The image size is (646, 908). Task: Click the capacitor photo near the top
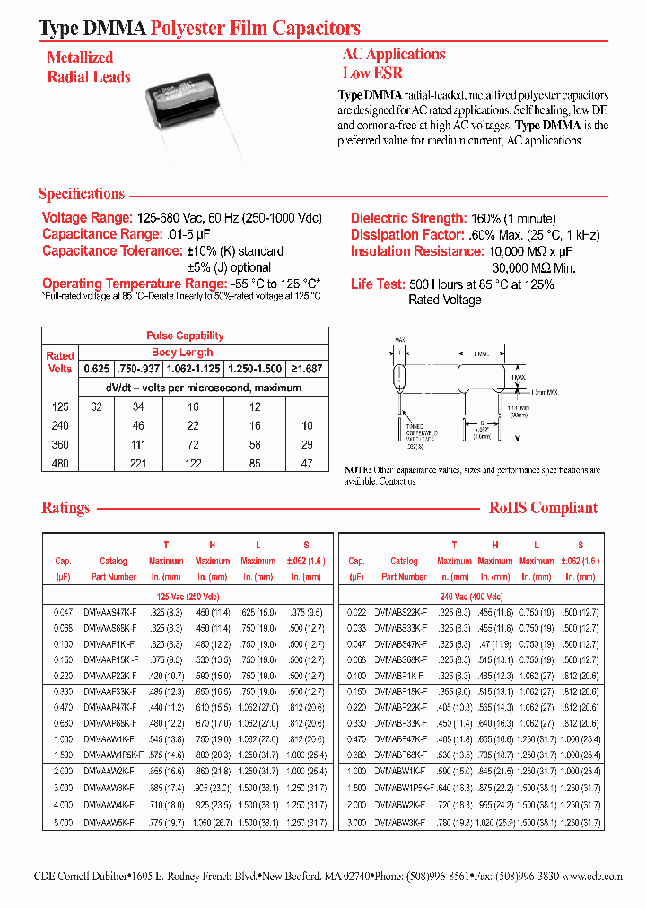pyautogui.click(x=193, y=107)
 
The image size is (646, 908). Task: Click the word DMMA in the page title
pyautogui.click(x=110, y=29)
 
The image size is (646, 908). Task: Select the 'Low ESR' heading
pyautogui.click(x=372, y=74)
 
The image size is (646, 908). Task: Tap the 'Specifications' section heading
pyautogui.click(x=82, y=195)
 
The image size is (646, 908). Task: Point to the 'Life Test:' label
pyautogui.click(x=377, y=284)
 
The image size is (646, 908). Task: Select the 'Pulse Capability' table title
pyautogui.click(x=185, y=336)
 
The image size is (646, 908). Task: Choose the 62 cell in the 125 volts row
pyautogui.click(x=95, y=406)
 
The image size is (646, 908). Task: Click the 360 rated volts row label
pyautogui.click(x=59, y=444)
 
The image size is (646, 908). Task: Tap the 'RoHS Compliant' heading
pyautogui.click(x=543, y=508)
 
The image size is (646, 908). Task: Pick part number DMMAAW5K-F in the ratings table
pyautogui.click(x=109, y=822)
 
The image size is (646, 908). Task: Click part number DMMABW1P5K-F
pyautogui.click(x=403, y=786)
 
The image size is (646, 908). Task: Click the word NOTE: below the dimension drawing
pyautogui.click(x=356, y=470)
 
